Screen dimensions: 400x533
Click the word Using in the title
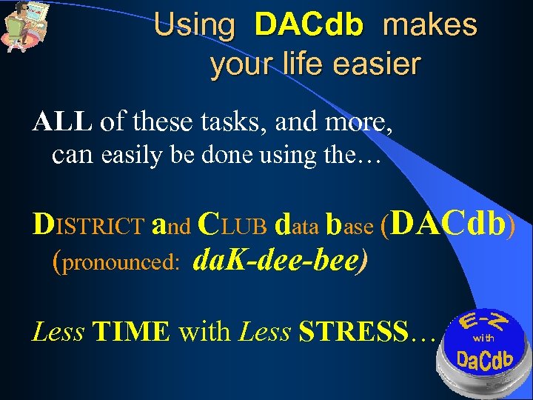tap(195, 26)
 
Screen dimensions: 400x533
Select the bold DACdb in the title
tap(309, 26)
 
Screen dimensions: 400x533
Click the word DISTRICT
tap(88, 224)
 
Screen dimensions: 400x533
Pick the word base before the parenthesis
tap(350, 224)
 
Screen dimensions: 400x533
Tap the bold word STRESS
tap(354, 332)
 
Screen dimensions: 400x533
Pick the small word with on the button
tap(483, 338)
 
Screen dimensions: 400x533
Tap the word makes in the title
tap(430, 26)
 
